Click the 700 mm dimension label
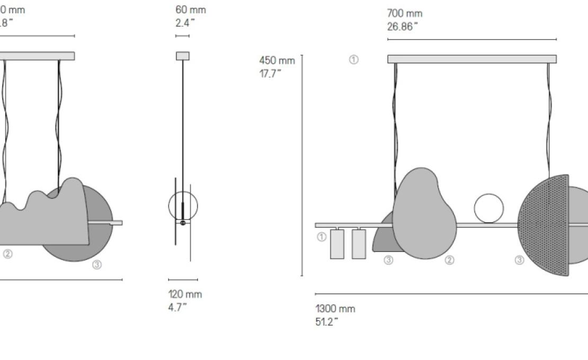point(405,14)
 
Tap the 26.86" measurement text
point(403,27)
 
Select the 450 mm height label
point(277,60)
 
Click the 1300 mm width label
point(335,309)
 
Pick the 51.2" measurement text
point(327,322)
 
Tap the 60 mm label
point(191,10)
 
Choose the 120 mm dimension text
point(185,294)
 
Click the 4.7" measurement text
point(177,307)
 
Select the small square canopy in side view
point(183,56)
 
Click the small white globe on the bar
point(489,208)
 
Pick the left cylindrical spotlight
point(337,244)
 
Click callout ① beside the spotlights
point(322,237)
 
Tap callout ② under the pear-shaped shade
point(449,260)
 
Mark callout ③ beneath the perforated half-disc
point(520,260)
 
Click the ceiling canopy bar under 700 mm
point(471,59)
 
